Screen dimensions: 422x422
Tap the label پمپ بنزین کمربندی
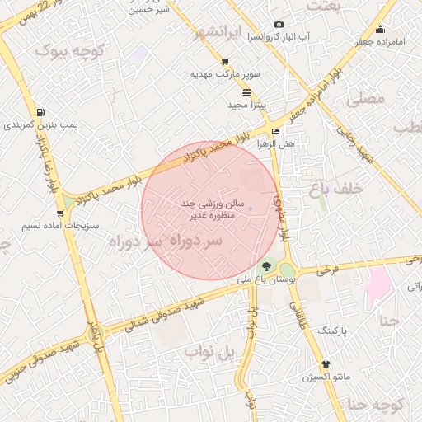click(40, 125)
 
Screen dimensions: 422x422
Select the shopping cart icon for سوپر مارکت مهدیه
click(225, 62)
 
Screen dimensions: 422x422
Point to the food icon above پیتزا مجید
click(246, 92)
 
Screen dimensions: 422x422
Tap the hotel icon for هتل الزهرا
click(275, 131)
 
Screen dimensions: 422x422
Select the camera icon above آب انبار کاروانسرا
click(279, 25)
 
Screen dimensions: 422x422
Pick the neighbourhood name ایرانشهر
click(223, 33)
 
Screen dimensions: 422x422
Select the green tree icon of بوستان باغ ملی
click(266, 267)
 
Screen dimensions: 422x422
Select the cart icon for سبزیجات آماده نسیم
click(60, 213)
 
